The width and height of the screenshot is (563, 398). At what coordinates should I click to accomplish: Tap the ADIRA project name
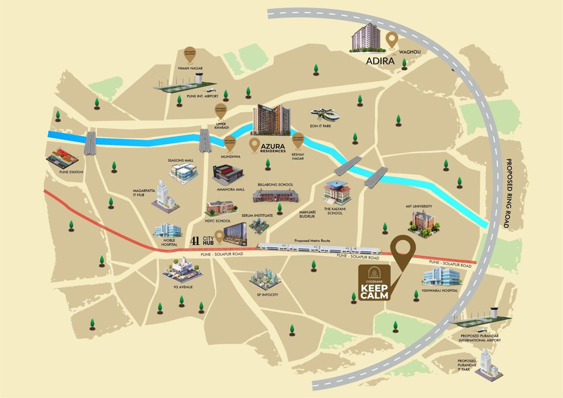[376, 61]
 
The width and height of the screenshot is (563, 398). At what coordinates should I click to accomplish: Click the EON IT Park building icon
[325, 115]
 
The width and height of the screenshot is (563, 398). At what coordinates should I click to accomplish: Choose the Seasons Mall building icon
[184, 172]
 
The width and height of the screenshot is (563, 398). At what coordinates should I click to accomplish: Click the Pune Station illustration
[63, 158]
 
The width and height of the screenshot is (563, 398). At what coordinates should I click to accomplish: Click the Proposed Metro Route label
[313, 241]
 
